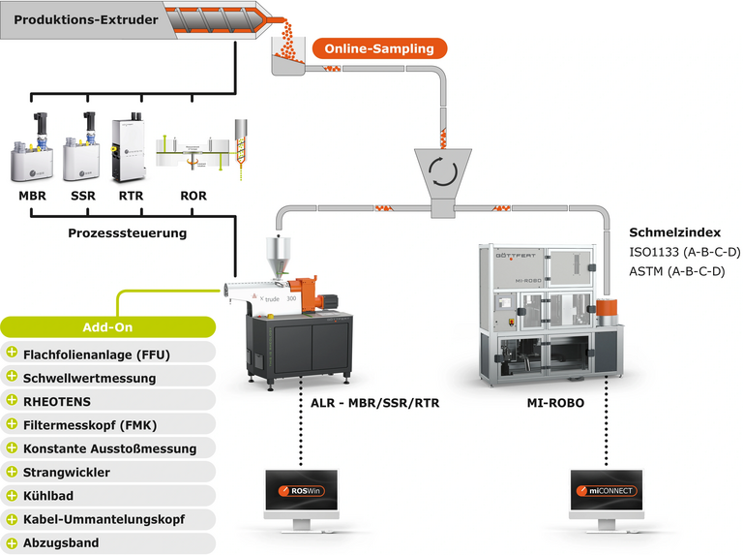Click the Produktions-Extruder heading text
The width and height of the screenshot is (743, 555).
point(73,19)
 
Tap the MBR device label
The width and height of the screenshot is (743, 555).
point(32,196)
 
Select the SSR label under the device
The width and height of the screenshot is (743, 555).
point(82,196)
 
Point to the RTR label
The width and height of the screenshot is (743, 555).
point(131,196)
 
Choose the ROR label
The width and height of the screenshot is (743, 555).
point(193,196)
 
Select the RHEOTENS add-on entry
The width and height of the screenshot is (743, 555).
point(62,399)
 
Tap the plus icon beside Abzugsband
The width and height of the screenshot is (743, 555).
point(13,542)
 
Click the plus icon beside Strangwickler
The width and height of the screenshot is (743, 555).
point(13,472)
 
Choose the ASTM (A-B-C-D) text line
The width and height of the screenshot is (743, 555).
point(676,272)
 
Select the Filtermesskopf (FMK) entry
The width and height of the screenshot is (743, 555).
point(90,424)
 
